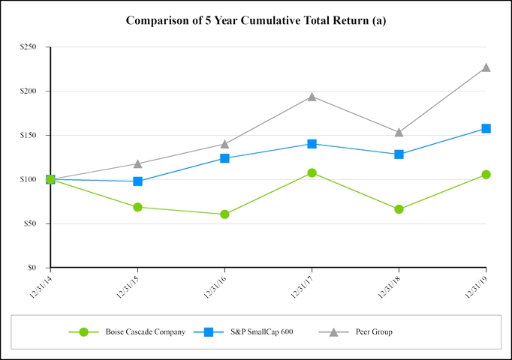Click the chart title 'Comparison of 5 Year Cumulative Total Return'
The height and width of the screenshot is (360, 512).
tap(255, 20)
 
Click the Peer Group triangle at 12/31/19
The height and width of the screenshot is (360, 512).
tap(486, 67)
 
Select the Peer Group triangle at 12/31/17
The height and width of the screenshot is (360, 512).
tap(312, 97)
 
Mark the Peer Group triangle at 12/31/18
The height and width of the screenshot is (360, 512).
tap(399, 132)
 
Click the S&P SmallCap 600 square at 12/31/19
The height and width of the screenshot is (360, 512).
tap(486, 128)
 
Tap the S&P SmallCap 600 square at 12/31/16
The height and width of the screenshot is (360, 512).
tap(224, 158)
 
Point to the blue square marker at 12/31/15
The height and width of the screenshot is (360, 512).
tap(137, 181)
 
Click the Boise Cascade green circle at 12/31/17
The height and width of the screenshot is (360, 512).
tap(312, 172)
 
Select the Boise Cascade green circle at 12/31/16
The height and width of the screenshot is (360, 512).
tap(224, 214)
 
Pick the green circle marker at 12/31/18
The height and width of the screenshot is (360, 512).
tap(399, 209)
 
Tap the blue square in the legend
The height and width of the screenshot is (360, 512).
tap(211, 331)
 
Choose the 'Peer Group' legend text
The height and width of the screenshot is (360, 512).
tap(373, 331)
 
